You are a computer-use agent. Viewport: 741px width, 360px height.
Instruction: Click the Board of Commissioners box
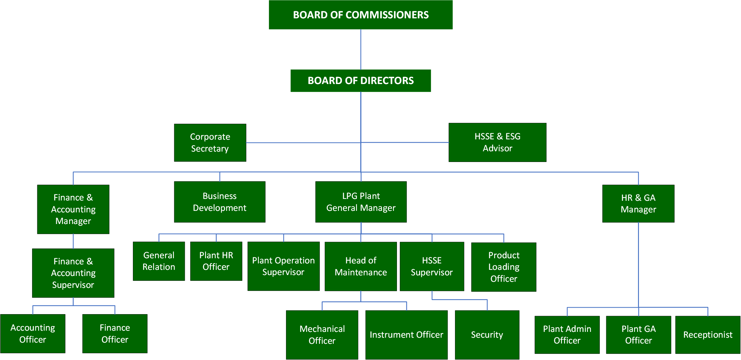click(361, 15)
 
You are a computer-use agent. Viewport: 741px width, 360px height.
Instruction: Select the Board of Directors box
click(361, 81)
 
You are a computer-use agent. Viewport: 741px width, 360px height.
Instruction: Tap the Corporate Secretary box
click(210, 143)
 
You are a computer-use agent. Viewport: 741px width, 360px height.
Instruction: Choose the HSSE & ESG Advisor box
click(497, 142)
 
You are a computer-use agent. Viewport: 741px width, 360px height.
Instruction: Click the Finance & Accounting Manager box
click(73, 209)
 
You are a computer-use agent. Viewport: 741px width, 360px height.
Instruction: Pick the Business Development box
click(219, 202)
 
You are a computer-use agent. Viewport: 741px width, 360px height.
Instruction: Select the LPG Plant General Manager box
click(361, 202)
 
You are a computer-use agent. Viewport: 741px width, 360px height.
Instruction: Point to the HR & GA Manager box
click(638, 204)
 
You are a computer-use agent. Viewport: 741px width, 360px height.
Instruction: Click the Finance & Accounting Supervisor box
click(73, 273)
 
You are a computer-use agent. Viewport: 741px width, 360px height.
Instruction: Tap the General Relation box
click(159, 261)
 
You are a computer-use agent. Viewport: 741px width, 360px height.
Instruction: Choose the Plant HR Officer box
click(216, 261)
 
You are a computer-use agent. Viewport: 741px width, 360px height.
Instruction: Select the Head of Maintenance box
click(361, 266)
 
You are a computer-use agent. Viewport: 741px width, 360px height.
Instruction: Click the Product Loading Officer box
click(504, 267)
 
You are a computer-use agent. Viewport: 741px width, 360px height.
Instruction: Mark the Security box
click(487, 335)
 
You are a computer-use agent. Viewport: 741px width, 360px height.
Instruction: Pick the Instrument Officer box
click(406, 335)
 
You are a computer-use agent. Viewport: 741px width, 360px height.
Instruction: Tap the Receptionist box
click(708, 335)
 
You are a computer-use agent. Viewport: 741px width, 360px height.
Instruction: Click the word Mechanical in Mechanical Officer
click(322, 329)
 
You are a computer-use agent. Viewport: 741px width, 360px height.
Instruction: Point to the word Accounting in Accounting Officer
click(33, 328)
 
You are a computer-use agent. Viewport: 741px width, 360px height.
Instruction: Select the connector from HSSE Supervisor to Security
click(459, 300)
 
